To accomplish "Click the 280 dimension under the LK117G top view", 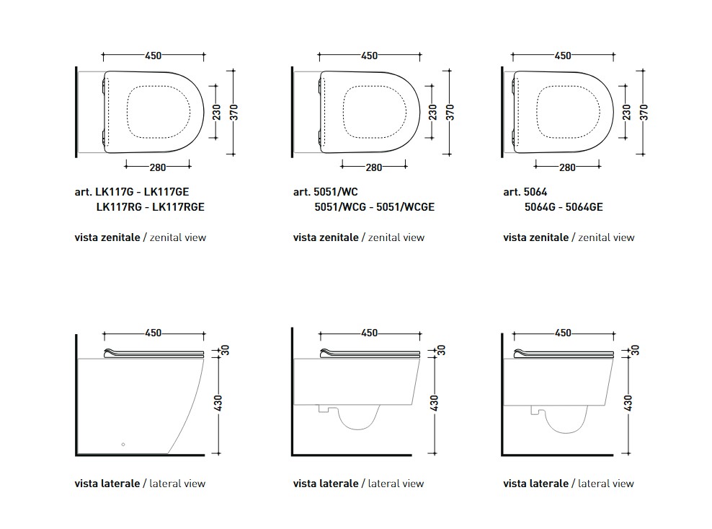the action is pos(158,167).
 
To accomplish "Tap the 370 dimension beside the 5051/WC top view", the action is pos(450,113).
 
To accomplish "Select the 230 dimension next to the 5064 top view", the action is pos(626,113).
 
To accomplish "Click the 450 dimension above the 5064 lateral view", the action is pos(563,333).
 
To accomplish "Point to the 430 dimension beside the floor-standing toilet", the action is pos(218,403).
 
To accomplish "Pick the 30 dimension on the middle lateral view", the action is pos(441,350).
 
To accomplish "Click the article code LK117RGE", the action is pos(178,207).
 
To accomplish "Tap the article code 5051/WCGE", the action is pos(405,207).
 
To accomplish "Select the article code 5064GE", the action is pos(584,207).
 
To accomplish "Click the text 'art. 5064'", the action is pos(525,192).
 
